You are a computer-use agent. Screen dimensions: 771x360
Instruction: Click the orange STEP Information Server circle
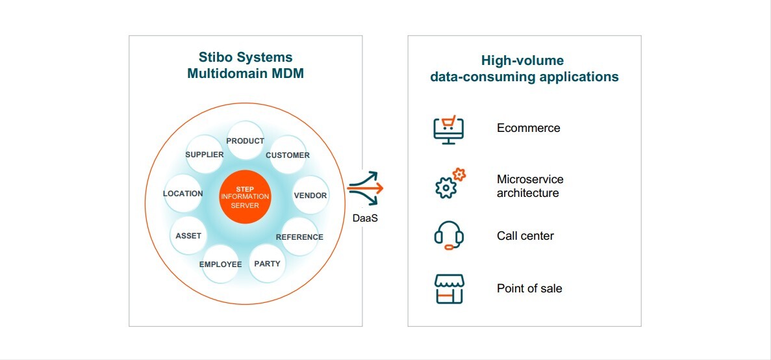(245, 197)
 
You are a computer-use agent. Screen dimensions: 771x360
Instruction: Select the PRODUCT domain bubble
(246, 140)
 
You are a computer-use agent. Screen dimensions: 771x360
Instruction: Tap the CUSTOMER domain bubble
(288, 155)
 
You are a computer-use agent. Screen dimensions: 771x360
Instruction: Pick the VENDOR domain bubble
(310, 195)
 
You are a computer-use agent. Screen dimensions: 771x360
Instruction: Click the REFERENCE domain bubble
(299, 237)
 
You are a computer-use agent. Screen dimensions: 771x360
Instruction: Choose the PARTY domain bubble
(268, 264)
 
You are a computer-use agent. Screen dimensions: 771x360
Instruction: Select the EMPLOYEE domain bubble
(221, 264)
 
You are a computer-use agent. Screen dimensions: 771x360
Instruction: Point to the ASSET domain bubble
(189, 236)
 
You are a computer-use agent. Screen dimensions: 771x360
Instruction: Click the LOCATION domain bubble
(183, 193)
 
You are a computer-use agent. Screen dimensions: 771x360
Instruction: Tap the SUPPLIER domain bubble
(205, 155)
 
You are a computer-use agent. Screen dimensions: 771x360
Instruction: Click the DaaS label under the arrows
(365, 218)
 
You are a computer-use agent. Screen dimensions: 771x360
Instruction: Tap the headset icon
(449, 236)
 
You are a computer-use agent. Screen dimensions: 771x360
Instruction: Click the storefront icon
(449, 289)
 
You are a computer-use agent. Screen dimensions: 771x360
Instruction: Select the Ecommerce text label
(529, 128)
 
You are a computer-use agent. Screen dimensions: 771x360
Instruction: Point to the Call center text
(525, 236)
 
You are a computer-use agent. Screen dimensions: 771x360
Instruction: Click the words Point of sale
(529, 289)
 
